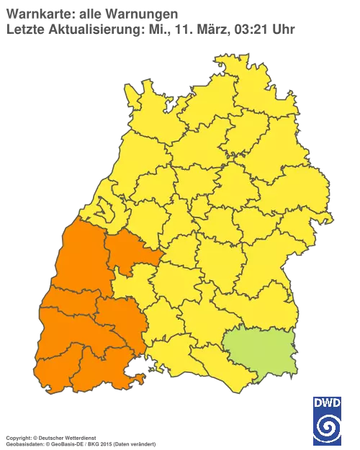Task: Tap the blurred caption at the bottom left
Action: pos(79,437)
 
